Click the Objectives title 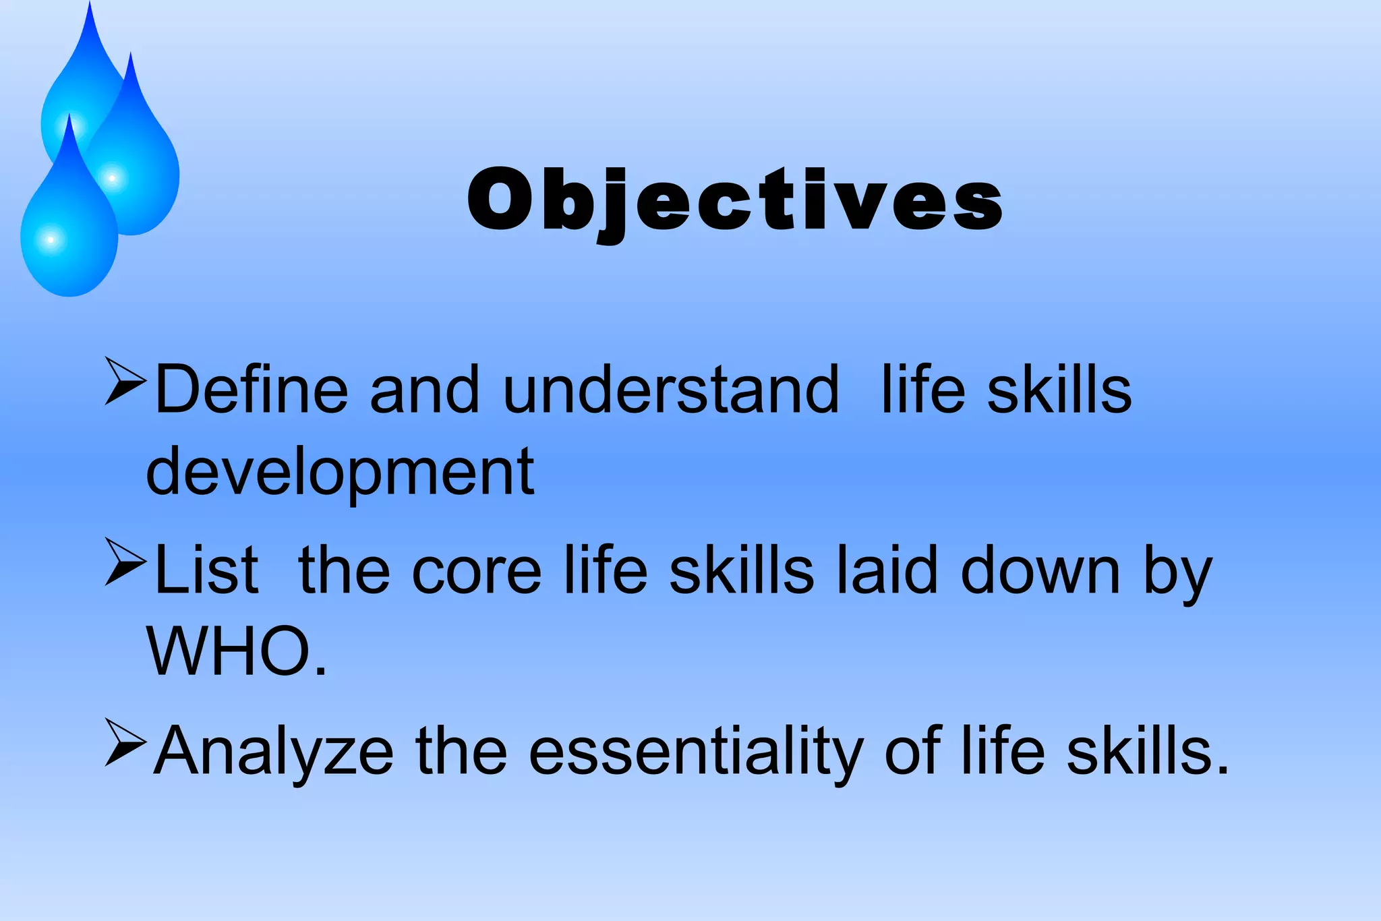pos(735,200)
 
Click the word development pos(341,472)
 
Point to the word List pos(206,571)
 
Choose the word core pos(477,571)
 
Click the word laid pos(887,571)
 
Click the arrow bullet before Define pos(125,382)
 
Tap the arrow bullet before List pos(125,561)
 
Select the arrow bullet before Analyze pos(125,742)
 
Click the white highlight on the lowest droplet pos(51,239)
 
